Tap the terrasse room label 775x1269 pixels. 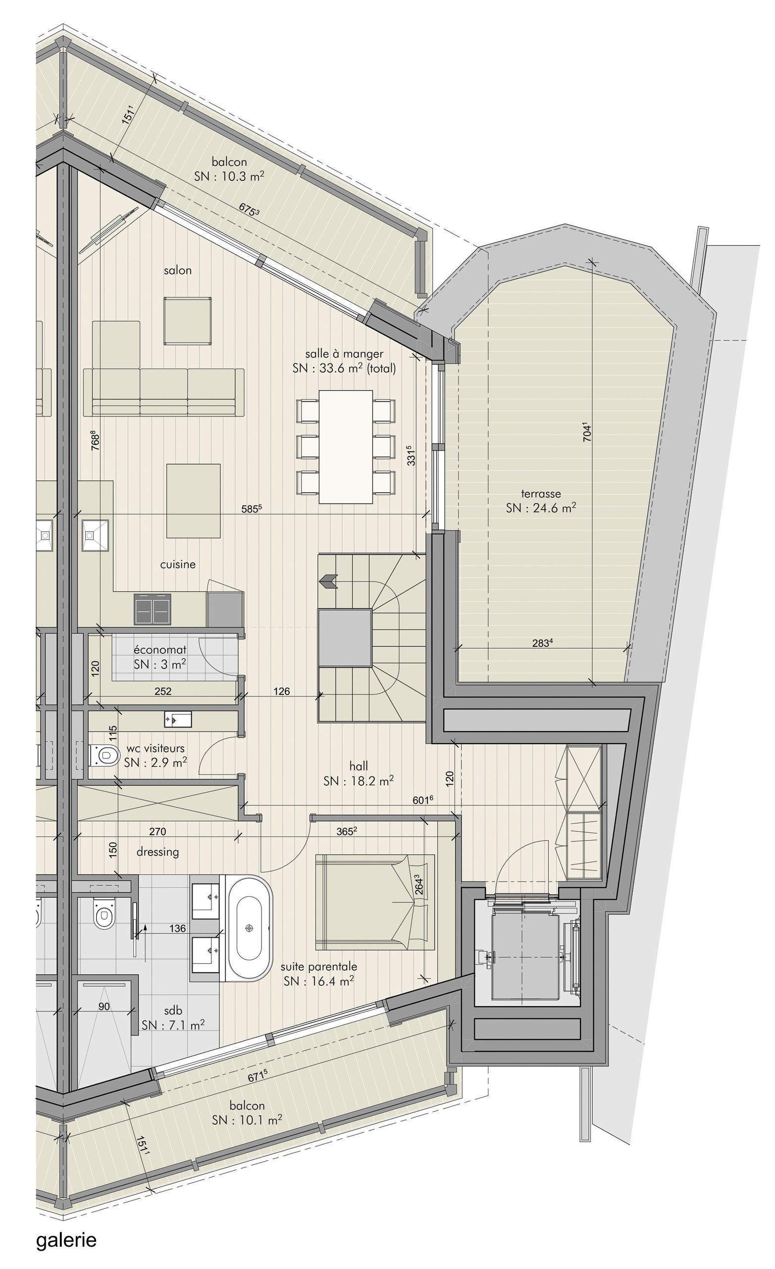pyautogui.click(x=540, y=493)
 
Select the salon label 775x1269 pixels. pyautogui.click(x=178, y=270)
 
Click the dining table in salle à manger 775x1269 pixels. pyautogui.click(x=346, y=447)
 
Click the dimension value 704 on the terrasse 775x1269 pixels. pyautogui.click(x=587, y=432)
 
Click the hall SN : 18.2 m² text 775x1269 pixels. pyautogui.click(x=359, y=781)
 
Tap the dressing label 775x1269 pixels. pyautogui.click(x=157, y=852)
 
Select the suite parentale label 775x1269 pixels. pyautogui.click(x=319, y=967)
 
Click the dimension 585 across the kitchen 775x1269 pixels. pyautogui.click(x=252, y=509)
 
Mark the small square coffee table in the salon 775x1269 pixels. pyautogui.click(x=188, y=321)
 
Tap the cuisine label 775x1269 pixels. pyautogui.click(x=178, y=565)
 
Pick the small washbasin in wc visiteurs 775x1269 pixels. pyautogui.click(x=178, y=719)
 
